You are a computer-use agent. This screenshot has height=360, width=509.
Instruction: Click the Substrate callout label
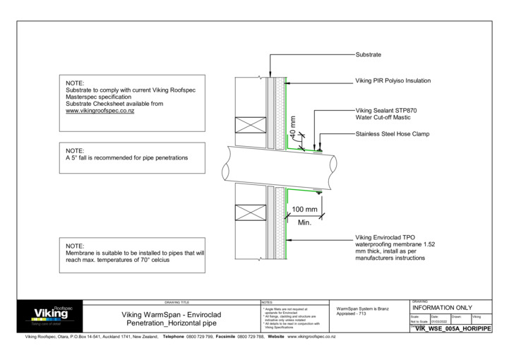(368, 54)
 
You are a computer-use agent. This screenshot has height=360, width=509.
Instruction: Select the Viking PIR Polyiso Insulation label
(393, 80)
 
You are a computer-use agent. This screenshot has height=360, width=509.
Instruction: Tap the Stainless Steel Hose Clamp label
(391, 133)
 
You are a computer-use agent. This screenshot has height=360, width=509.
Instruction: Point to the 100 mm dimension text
(304, 210)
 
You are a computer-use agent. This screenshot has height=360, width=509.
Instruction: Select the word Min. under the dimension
(304, 222)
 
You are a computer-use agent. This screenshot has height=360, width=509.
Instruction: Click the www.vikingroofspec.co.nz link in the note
(100, 111)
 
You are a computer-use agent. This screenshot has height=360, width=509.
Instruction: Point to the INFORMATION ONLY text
(442, 308)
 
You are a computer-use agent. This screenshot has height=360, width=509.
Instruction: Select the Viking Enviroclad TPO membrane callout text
(395, 248)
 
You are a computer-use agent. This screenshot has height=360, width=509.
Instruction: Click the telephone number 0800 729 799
(199, 337)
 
